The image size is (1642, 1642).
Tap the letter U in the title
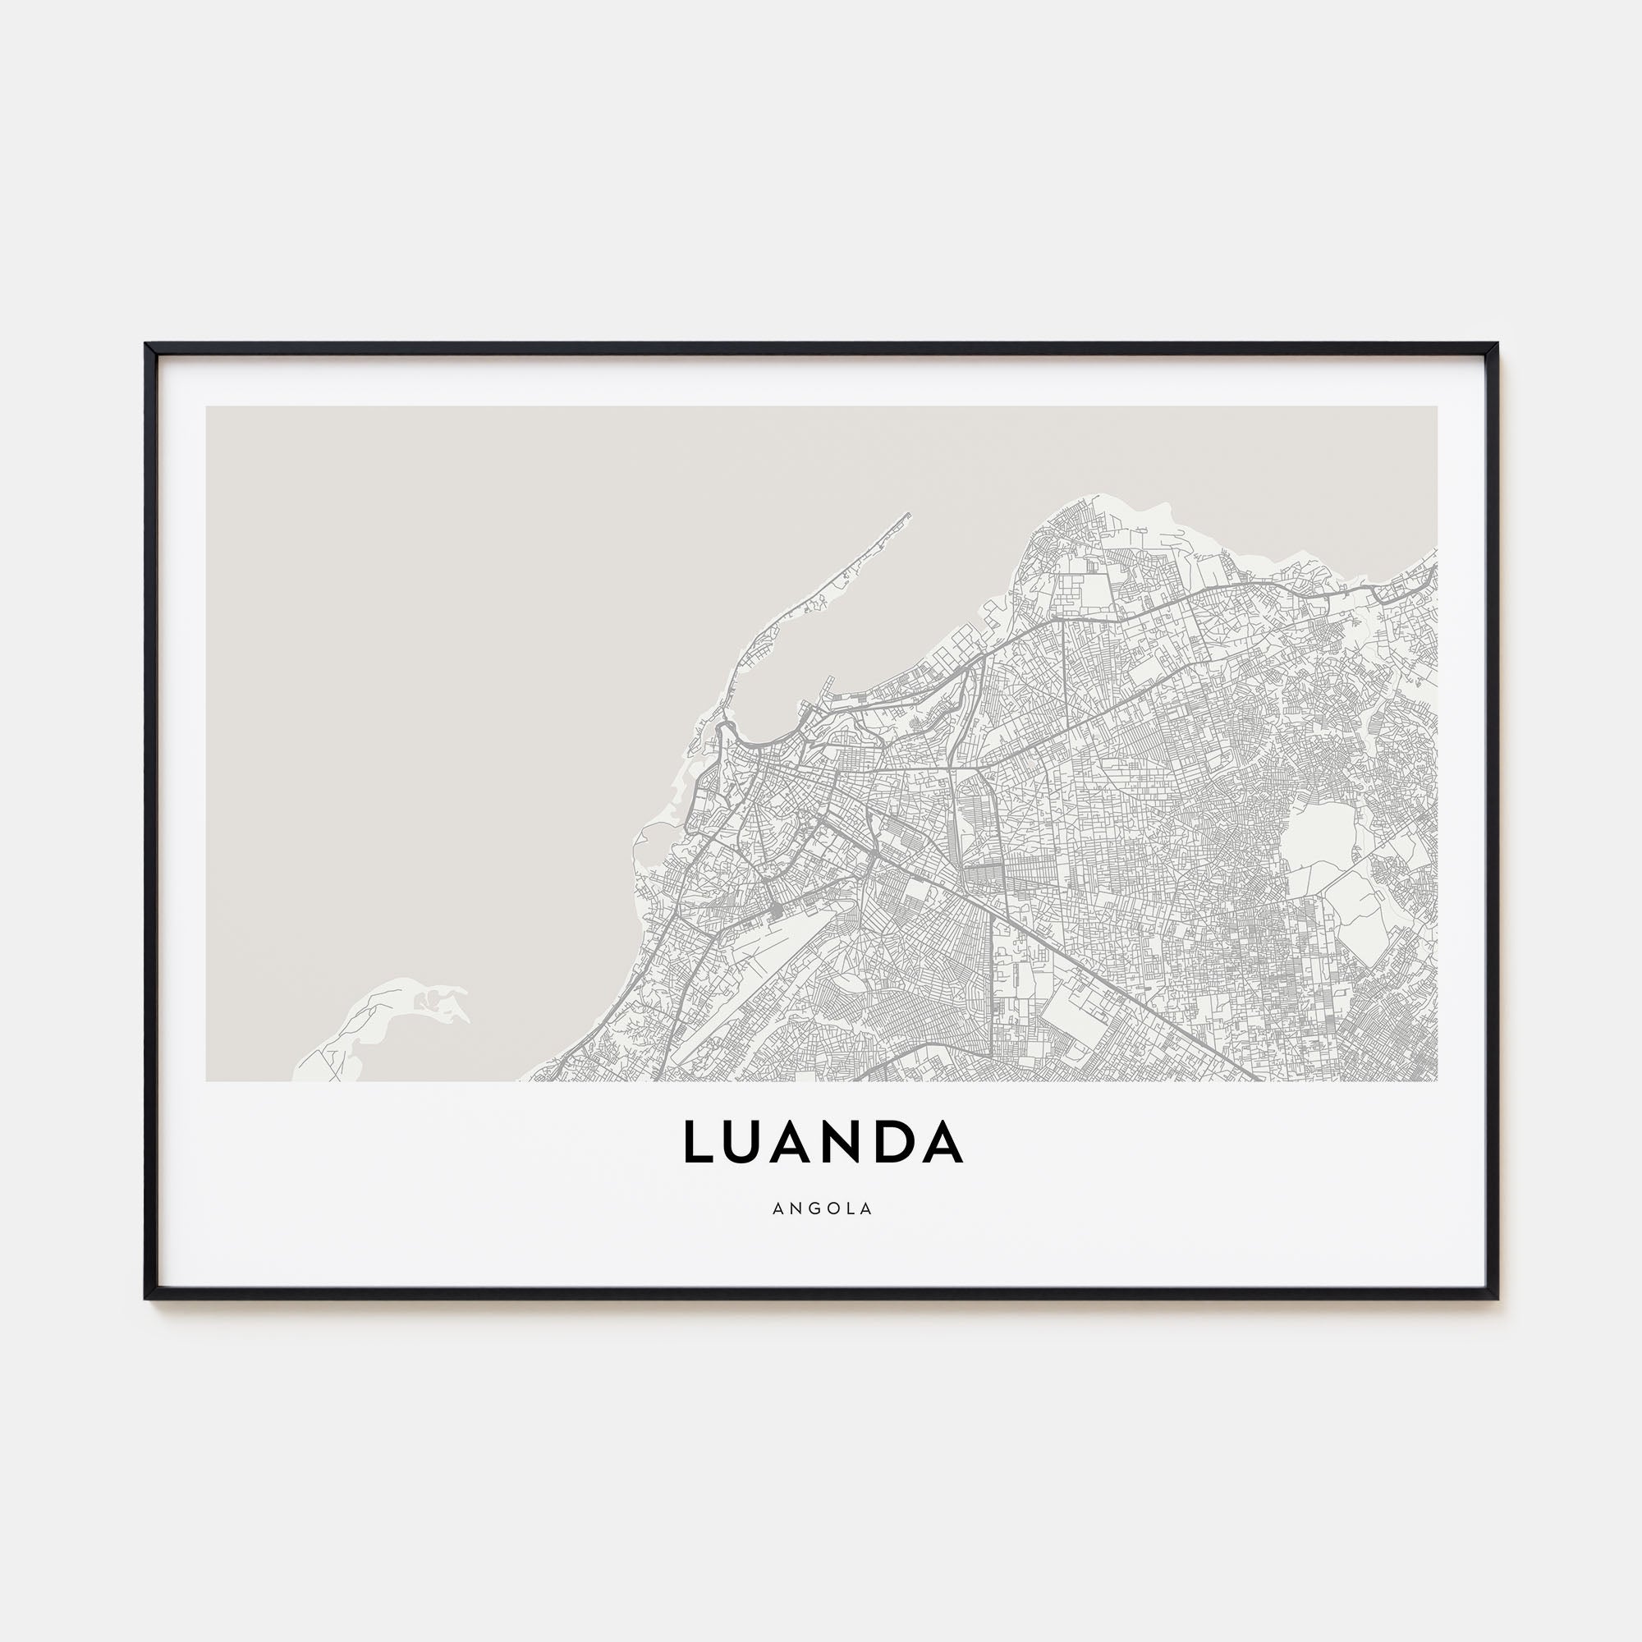(752, 1141)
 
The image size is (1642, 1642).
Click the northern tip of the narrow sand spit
(909, 514)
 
